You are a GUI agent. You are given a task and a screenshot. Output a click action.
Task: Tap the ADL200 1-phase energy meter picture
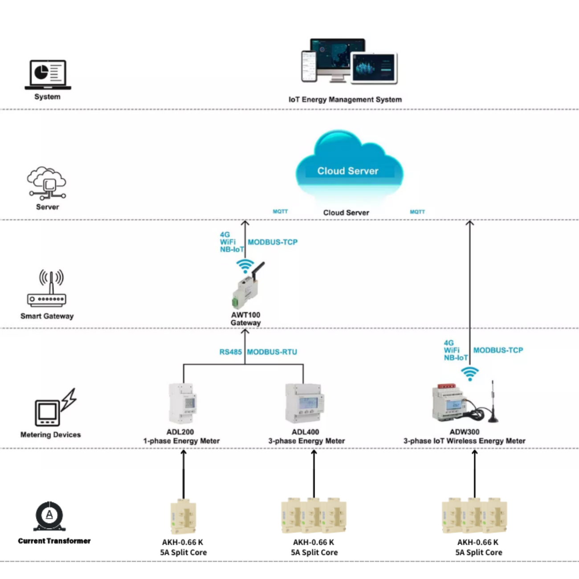183,404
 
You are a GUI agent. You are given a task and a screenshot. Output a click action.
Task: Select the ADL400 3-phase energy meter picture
305,404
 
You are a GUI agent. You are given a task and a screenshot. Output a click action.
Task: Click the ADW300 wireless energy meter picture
450,404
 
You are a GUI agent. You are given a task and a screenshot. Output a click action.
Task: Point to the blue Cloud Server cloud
349,165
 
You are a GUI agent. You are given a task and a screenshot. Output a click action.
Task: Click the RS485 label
230,352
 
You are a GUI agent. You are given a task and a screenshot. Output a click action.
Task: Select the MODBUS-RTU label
272,352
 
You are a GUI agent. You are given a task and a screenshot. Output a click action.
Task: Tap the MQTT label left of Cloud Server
280,212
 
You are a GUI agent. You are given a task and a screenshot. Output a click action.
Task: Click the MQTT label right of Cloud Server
417,212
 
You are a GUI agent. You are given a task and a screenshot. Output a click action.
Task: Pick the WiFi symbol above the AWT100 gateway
245,265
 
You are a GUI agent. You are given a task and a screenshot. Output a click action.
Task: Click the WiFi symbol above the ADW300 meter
469,374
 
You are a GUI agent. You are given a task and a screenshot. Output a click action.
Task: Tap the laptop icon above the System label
48,75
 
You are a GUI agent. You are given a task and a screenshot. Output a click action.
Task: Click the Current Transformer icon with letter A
49,516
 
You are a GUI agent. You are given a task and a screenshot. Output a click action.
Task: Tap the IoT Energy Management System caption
345,99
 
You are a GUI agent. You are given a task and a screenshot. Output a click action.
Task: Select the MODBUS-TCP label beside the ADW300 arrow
498,350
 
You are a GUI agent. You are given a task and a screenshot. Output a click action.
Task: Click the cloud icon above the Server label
47,183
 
